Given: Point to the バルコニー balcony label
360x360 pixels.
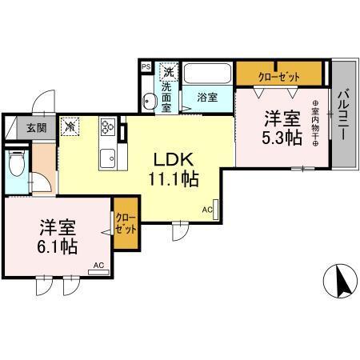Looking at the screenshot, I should click(342, 113).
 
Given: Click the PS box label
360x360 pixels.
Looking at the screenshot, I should click(145, 67).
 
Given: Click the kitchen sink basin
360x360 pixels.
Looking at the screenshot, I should click(107, 157).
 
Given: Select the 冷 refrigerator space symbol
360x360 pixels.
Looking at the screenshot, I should click(70, 126).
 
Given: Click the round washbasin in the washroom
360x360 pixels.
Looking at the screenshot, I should click(149, 100).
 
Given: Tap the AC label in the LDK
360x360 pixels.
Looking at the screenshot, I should click(206, 210).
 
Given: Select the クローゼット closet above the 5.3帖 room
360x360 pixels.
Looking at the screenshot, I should click(278, 75).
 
